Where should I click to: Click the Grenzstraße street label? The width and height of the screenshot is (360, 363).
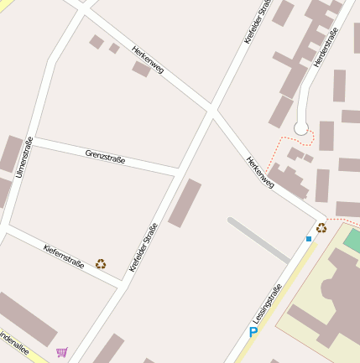tap(105, 155)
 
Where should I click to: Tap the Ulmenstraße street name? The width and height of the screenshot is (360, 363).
tap(23, 157)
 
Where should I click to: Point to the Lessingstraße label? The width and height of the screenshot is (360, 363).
tap(267, 304)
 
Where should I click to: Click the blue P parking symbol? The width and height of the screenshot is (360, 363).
tap(253, 334)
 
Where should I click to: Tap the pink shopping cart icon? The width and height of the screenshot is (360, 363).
tap(61, 352)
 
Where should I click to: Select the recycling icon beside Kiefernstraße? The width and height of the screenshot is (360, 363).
tap(101, 263)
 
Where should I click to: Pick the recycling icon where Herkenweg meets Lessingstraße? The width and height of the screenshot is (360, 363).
tap(321, 227)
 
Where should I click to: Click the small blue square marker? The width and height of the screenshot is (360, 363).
tap(308, 239)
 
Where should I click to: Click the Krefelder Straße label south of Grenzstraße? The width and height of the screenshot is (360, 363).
tap(143, 246)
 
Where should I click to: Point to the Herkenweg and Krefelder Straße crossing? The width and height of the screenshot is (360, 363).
tap(211, 109)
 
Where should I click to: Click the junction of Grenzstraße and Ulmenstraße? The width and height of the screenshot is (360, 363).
tap(34, 140)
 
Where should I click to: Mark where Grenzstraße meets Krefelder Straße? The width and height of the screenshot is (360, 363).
tap(178, 172)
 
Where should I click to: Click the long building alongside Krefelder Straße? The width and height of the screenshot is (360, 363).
tap(185, 203)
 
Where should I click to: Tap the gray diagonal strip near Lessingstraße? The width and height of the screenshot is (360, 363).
tap(258, 239)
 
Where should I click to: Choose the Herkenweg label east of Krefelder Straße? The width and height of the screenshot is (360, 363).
tap(260, 172)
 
